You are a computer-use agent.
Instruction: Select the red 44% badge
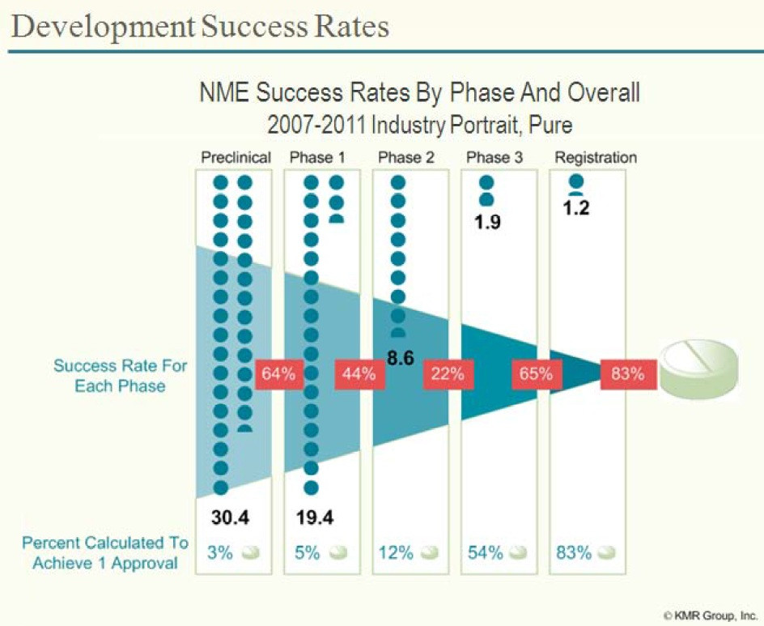coord(357,374)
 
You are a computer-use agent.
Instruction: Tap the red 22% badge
coord(447,374)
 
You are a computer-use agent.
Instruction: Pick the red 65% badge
coord(535,374)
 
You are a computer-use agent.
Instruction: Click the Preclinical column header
coord(236,157)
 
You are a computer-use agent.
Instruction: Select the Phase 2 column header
coord(406,157)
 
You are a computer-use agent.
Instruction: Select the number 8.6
coord(400,356)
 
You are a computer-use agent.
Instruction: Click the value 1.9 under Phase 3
coord(488,222)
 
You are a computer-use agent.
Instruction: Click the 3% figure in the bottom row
coord(220,553)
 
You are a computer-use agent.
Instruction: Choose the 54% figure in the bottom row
coord(486,553)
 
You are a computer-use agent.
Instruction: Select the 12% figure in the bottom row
coord(396,553)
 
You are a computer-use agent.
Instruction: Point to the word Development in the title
coord(104,27)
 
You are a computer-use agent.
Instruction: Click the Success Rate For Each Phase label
coord(120,376)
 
